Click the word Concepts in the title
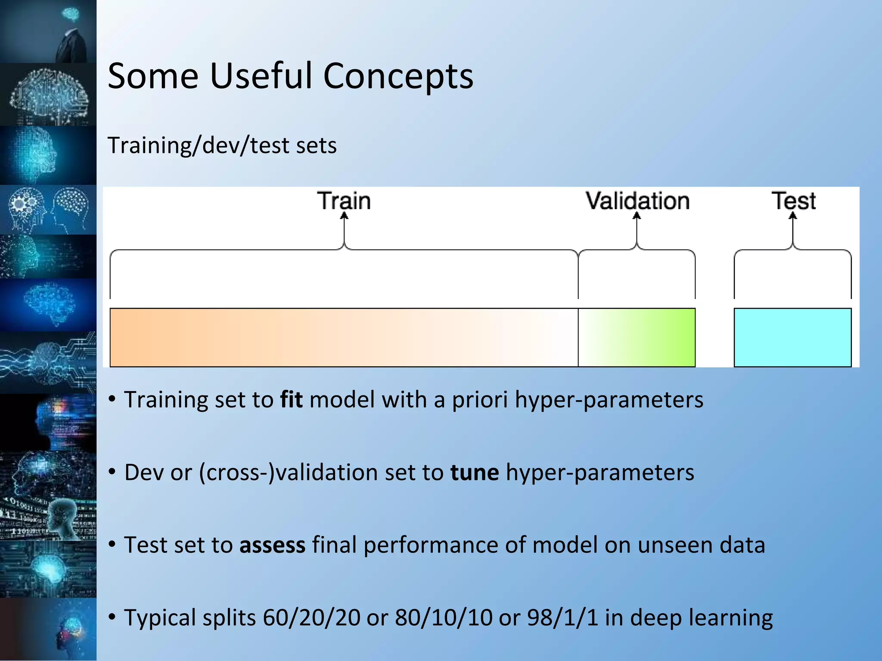tap(398, 77)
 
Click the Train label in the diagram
tap(344, 201)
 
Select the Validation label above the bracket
tap(637, 201)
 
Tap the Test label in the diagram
tap(793, 201)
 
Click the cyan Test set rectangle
tap(792, 337)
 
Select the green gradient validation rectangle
tap(637, 337)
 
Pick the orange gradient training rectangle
tap(344, 337)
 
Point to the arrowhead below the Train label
tap(344, 216)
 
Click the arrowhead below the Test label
tap(793, 216)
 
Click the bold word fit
tap(292, 399)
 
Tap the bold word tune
tap(475, 472)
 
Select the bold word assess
tap(272, 545)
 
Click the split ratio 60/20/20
tap(311, 618)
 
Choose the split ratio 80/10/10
tap(444, 618)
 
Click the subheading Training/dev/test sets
tap(222, 145)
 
